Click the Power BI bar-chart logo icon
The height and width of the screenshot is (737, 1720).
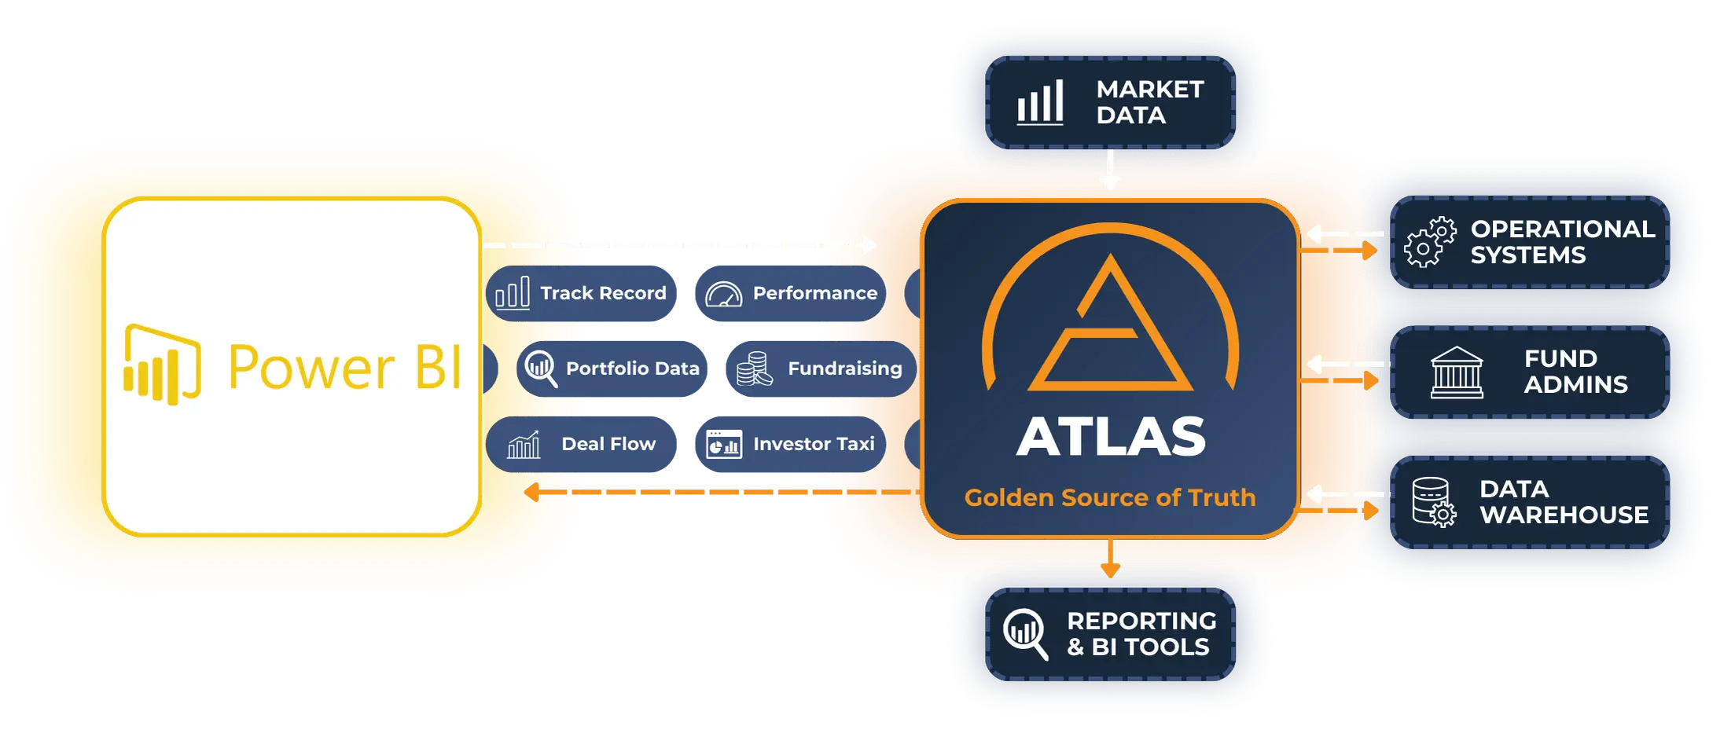(162, 365)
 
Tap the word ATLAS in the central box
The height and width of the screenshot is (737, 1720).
(1110, 436)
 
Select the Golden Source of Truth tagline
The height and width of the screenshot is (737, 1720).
(1110, 497)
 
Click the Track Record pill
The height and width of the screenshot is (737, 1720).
(581, 293)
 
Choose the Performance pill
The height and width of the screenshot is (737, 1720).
(791, 293)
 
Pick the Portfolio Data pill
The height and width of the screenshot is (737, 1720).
(612, 368)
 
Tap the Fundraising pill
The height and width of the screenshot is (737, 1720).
(821, 368)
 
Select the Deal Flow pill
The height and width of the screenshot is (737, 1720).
(581, 444)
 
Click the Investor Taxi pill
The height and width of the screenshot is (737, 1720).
(791, 444)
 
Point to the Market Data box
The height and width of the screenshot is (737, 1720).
(1110, 102)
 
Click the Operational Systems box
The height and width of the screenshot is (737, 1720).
(1530, 242)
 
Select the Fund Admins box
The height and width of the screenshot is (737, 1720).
(1530, 372)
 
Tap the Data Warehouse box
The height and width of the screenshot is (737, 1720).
(1530, 502)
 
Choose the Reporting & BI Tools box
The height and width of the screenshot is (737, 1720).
(1110, 634)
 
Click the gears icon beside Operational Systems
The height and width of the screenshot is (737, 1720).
(1430, 242)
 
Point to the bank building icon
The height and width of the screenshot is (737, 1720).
(1457, 372)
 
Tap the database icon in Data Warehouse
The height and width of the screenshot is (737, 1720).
(1433, 502)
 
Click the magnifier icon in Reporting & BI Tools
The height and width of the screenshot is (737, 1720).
(1026, 634)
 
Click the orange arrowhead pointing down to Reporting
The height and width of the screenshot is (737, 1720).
(1110, 570)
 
